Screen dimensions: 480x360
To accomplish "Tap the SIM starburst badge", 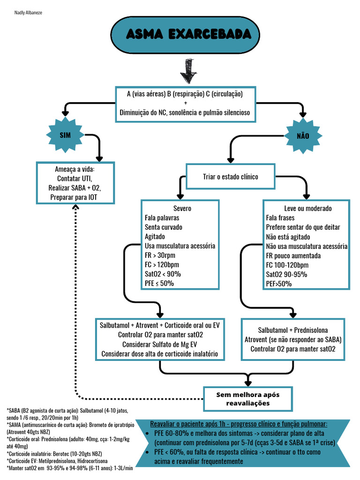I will click(65, 135).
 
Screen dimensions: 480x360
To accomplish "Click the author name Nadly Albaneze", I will click(29, 12).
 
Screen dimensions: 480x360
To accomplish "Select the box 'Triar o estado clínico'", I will click(230, 177).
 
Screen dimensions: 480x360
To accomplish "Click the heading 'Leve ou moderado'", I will click(307, 208).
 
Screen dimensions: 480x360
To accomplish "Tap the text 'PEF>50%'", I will click(278, 284).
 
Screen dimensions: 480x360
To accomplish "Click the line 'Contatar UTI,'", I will click(75, 179).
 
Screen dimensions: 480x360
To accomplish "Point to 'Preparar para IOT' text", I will click(75, 197).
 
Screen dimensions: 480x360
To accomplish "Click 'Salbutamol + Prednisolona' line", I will click(292, 330).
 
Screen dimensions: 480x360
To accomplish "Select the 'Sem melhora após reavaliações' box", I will click(248, 399).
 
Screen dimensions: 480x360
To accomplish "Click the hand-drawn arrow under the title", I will click(188, 71).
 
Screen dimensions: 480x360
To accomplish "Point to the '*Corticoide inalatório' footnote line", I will click(54, 453).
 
